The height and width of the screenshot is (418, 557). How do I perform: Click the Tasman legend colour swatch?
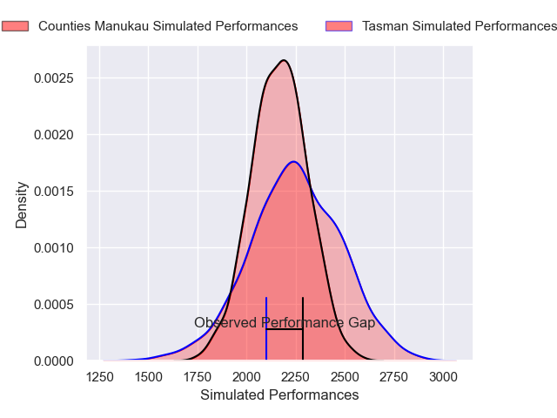[x=339, y=26]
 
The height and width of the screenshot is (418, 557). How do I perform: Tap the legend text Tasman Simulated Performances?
[x=459, y=26]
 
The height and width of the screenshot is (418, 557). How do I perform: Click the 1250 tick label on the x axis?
[x=100, y=377]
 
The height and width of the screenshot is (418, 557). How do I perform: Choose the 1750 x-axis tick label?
[x=198, y=377]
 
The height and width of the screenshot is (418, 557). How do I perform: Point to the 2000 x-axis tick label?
[x=247, y=377]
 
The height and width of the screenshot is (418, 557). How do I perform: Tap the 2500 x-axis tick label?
[x=346, y=377]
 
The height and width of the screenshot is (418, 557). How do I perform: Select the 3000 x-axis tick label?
[x=444, y=377]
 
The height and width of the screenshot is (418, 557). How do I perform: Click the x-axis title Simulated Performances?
[x=279, y=395]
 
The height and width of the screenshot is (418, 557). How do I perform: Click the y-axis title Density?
[x=22, y=205]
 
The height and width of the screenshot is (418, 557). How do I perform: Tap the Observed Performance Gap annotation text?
[x=285, y=323]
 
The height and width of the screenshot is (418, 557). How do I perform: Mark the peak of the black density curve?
[x=284, y=60]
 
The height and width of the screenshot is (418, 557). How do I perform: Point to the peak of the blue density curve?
[x=293, y=161]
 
